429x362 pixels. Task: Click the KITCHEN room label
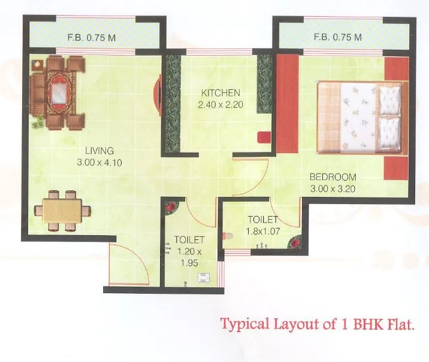pyautogui.click(x=220, y=93)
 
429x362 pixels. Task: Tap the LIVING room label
pyautogui.click(x=99, y=150)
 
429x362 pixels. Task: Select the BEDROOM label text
pyautogui.click(x=333, y=177)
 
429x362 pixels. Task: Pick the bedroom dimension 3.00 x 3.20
pyautogui.click(x=333, y=188)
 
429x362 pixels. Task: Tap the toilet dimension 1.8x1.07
pyautogui.click(x=264, y=231)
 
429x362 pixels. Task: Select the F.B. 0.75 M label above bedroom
pyautogui.click(x=338, y=37)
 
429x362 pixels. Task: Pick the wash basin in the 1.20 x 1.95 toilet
pyautogui.click(x=204, y=276)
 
